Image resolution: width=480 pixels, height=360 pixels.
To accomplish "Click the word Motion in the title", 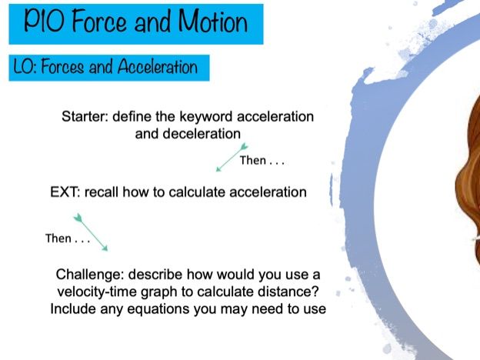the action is click(x=213, y=21).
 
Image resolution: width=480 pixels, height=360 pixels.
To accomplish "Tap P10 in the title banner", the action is click(x=44, y=20).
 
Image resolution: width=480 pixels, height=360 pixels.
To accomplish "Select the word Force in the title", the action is click(x=99, y=21).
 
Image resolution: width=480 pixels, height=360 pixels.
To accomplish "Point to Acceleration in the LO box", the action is click(x=158, y=66).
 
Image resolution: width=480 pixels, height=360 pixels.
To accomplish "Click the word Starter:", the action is click(x=85, y=117).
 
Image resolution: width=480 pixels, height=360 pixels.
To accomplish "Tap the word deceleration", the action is click(x=202, y=134).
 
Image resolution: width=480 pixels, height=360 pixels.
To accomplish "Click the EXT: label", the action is click(x=65, y=192).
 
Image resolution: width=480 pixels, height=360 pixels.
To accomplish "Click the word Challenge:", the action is click(x=90, y=275).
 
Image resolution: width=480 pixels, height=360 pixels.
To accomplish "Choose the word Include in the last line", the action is click(x=74, y=308).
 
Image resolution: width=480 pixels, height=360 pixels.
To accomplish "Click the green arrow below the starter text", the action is click(x=232, y=158).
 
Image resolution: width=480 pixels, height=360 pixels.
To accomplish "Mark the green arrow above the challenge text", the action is click(x=91, y=232).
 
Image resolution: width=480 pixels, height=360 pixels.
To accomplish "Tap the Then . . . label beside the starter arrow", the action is click(x=262, y=161).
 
